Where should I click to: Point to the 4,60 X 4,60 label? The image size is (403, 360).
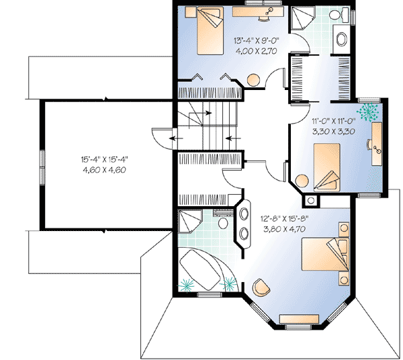(x=104, y=170)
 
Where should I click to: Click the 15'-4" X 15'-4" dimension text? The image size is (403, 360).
(x=104, y=160)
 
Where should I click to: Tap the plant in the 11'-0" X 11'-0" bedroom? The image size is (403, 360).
(x=369, y=109)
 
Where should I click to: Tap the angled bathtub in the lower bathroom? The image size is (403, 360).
(x=206, y=268)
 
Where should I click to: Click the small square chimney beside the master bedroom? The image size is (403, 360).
(x=312, y=200)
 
